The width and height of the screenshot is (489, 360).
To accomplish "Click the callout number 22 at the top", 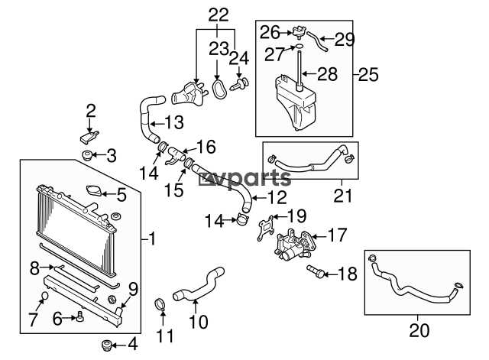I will coord(218,14).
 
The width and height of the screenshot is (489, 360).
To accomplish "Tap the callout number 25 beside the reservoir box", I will coord(368,74).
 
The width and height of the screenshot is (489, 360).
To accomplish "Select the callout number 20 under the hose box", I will coord(419,331).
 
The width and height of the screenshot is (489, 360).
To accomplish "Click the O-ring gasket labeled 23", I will coord(220,89).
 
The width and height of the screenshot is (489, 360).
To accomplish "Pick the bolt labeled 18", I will coord(316,271).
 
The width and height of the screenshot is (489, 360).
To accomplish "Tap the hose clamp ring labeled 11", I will coord(161,307).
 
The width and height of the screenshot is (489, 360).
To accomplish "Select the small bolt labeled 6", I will coord(79,316).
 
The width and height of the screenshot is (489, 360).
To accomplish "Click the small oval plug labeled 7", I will coord(45,296).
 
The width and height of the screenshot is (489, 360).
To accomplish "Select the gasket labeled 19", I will coord(264,227).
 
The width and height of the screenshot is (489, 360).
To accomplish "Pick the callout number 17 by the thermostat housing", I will coord(337,234).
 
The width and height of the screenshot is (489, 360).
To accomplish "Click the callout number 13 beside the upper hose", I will coord(173,122).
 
